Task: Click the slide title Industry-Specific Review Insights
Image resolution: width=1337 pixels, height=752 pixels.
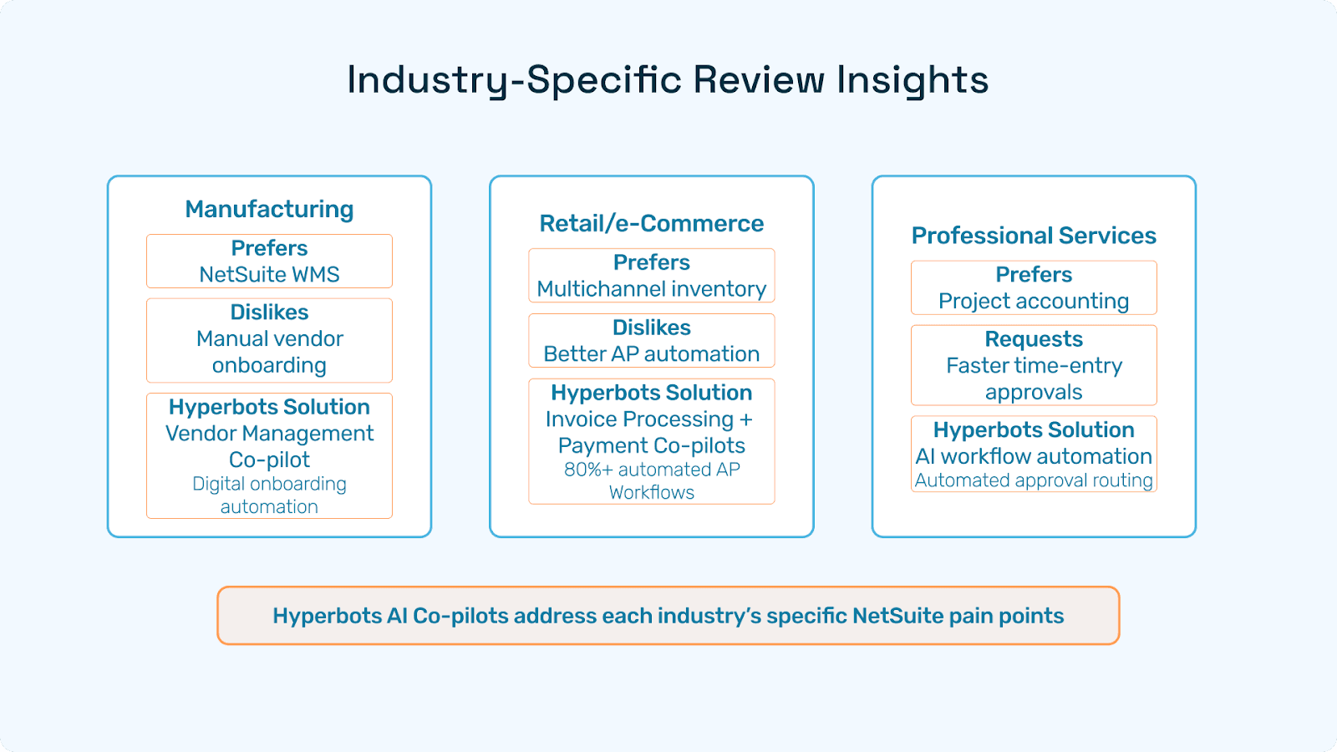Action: pos(668,80)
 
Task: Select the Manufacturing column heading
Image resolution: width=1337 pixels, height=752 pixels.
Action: pos(269,209)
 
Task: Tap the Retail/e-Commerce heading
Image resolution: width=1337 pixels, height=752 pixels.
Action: pos(651,223)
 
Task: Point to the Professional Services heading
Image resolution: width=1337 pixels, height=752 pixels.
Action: pos(1034,236)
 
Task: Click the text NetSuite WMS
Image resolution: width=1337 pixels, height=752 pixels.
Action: pos(269,275)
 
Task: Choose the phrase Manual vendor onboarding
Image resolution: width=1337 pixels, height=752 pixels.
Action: pos(269,352)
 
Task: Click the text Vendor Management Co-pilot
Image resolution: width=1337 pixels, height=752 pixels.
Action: pos(269,446)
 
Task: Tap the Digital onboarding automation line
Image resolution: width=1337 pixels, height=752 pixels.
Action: pos(269,495)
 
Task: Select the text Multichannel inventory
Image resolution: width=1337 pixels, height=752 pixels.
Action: pos(651,289)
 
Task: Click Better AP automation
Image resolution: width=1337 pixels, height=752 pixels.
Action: pos(651,354)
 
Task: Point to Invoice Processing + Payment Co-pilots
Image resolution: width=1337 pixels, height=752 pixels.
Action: pos(651,432)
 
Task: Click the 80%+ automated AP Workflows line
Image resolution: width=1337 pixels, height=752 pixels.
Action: pos(651,480)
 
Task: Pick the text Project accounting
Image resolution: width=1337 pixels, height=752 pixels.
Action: pos(1034,301)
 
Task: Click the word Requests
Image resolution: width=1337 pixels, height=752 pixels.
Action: pos(1034,339)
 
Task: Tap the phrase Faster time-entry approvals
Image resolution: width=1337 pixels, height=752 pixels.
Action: pos(1034,379)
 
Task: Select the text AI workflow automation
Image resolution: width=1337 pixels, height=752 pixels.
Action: pos(1034,456)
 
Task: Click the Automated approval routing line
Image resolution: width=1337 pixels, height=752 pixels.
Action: pos(1034,480)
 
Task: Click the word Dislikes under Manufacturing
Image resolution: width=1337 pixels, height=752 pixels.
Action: pos(269,312)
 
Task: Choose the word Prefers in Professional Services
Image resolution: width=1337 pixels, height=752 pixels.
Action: pos(1034,275)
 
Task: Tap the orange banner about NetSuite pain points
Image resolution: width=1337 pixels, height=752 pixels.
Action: pos(668,616)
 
